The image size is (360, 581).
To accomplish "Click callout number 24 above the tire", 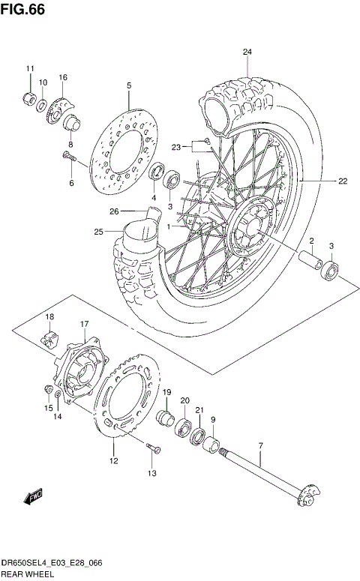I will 247,52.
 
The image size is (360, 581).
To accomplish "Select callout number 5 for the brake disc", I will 128,86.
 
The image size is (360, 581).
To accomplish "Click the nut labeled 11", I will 29,97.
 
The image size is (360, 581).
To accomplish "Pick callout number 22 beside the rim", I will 343,181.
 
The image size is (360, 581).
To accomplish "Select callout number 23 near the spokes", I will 177,147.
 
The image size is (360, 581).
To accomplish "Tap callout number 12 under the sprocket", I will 114,461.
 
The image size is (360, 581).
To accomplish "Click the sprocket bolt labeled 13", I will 154,448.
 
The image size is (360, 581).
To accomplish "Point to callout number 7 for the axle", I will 260,447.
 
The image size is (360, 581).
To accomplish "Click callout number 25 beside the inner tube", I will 98,232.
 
